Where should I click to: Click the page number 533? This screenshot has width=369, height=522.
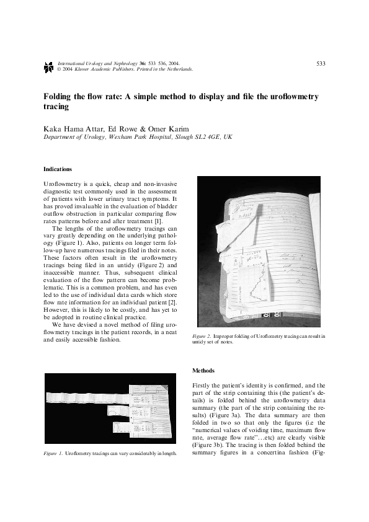(321, 63)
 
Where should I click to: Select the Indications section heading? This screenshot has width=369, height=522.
(57, 169)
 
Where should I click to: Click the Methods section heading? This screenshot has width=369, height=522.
(204, 370)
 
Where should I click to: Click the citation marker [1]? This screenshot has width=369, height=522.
(158, 221)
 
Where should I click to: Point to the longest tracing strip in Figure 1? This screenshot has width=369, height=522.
(87, 395)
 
